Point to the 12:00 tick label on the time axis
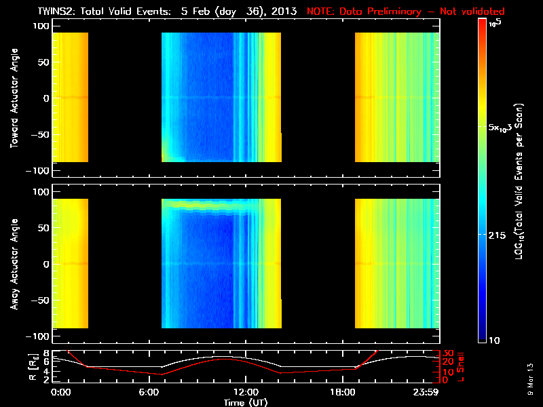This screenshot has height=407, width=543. click(245, 392)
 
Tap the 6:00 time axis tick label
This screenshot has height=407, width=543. click(152, 392)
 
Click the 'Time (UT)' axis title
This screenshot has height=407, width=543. click(245, 402)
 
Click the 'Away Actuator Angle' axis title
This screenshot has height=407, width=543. click(14, 265)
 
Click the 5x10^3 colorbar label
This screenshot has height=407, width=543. click(502, 128)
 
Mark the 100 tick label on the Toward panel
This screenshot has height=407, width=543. click(43, 25)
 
